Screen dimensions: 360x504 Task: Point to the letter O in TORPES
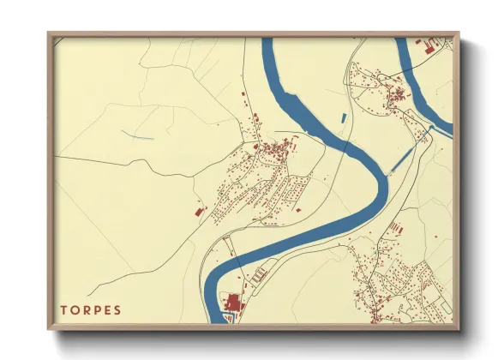[x=75, y=309]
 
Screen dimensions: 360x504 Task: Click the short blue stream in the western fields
[x=137, y=135]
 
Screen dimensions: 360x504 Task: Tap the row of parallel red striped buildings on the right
[x=396, y=227]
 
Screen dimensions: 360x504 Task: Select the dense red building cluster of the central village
[x=276, y=152]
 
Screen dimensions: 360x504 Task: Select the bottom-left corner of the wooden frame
[x=50, y=328]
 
